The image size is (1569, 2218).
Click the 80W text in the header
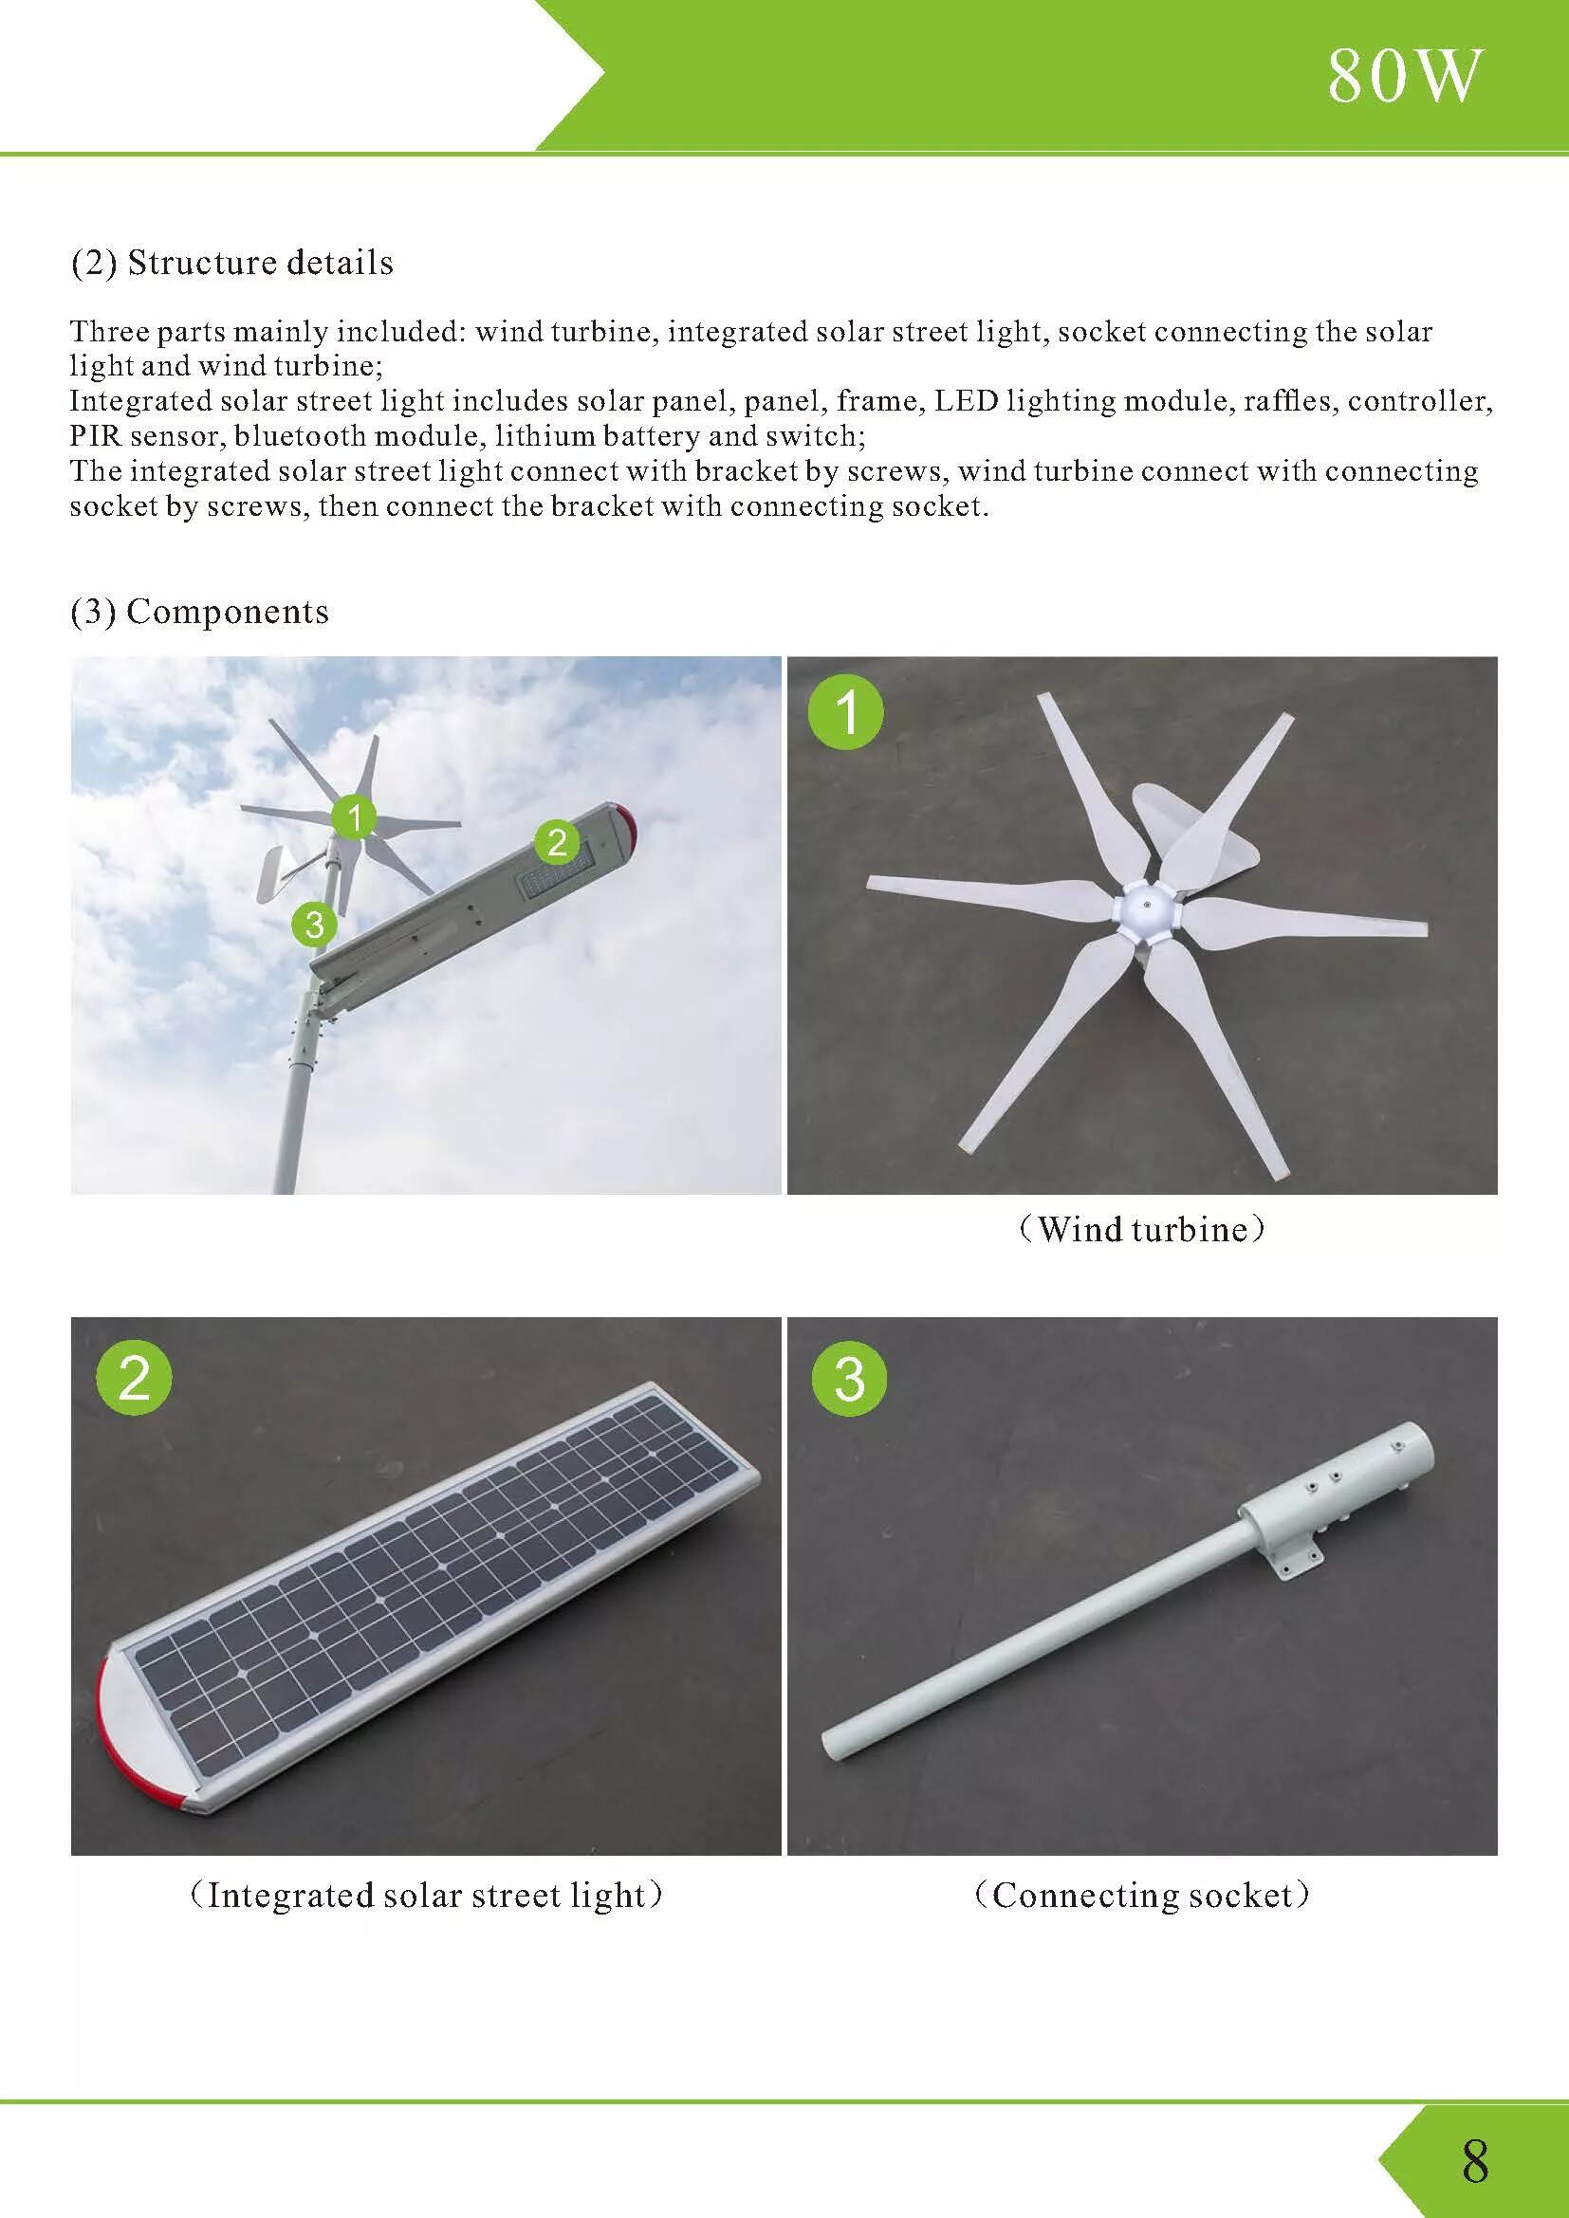tap(1403, 76)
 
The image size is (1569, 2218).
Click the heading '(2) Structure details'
tap(231, 263)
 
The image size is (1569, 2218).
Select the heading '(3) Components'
tap(199, 612)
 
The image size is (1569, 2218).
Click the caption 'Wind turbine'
tap(1142, 1229)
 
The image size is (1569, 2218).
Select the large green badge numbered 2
tap(135, 1378)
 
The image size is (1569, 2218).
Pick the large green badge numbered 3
tap(848, 1378)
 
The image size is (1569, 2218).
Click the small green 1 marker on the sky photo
tap(355, 818)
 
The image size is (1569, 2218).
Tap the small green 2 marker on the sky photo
tap(557, 842)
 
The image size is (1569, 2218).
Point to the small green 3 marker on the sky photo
tap(314, 926)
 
